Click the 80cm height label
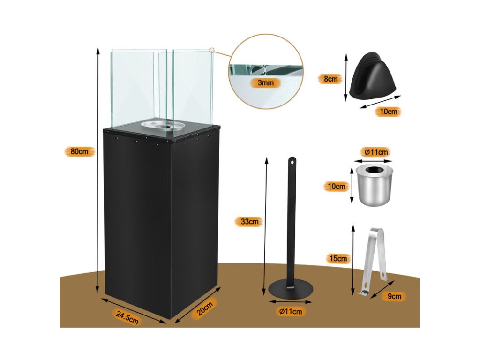point(80,151)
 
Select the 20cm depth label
point(205,309)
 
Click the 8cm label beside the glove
point(330,79)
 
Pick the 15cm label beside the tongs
point(338,258)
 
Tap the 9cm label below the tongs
point(394,296)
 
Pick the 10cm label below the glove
point(389,112)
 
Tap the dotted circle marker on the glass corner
point(212,49)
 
